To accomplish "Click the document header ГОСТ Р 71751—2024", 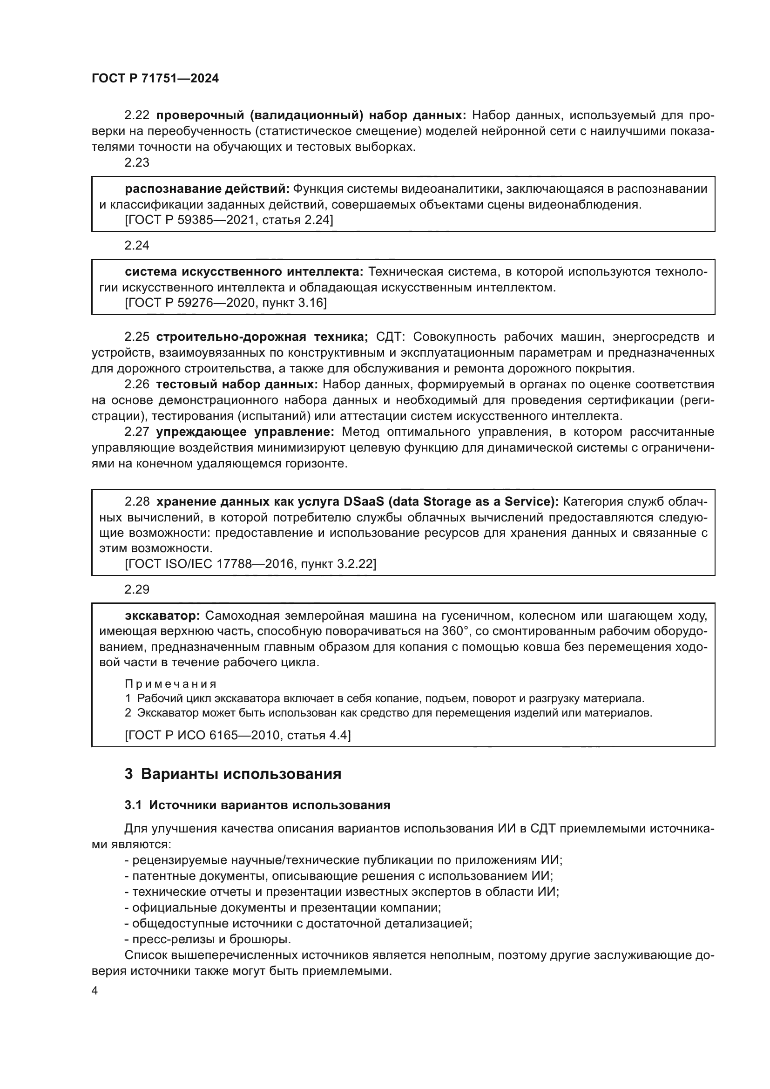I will [155, 79].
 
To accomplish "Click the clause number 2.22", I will [136, 115].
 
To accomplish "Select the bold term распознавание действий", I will [207, 189].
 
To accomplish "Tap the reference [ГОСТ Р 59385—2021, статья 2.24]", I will [229, 220].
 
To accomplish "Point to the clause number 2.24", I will [136, 245].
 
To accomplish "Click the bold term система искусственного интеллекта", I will [243, 272].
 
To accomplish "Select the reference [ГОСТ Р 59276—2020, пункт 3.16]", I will [226, 303].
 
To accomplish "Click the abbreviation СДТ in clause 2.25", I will [390, 337].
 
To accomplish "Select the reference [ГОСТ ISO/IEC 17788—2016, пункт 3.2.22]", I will [250, 564].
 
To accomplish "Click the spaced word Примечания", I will [171, 684].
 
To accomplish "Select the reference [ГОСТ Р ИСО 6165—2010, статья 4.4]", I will [237, 735].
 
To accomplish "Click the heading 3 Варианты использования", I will [233, 774].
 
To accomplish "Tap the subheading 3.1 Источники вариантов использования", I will [257, 805].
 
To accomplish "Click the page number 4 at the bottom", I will [95, 990].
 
